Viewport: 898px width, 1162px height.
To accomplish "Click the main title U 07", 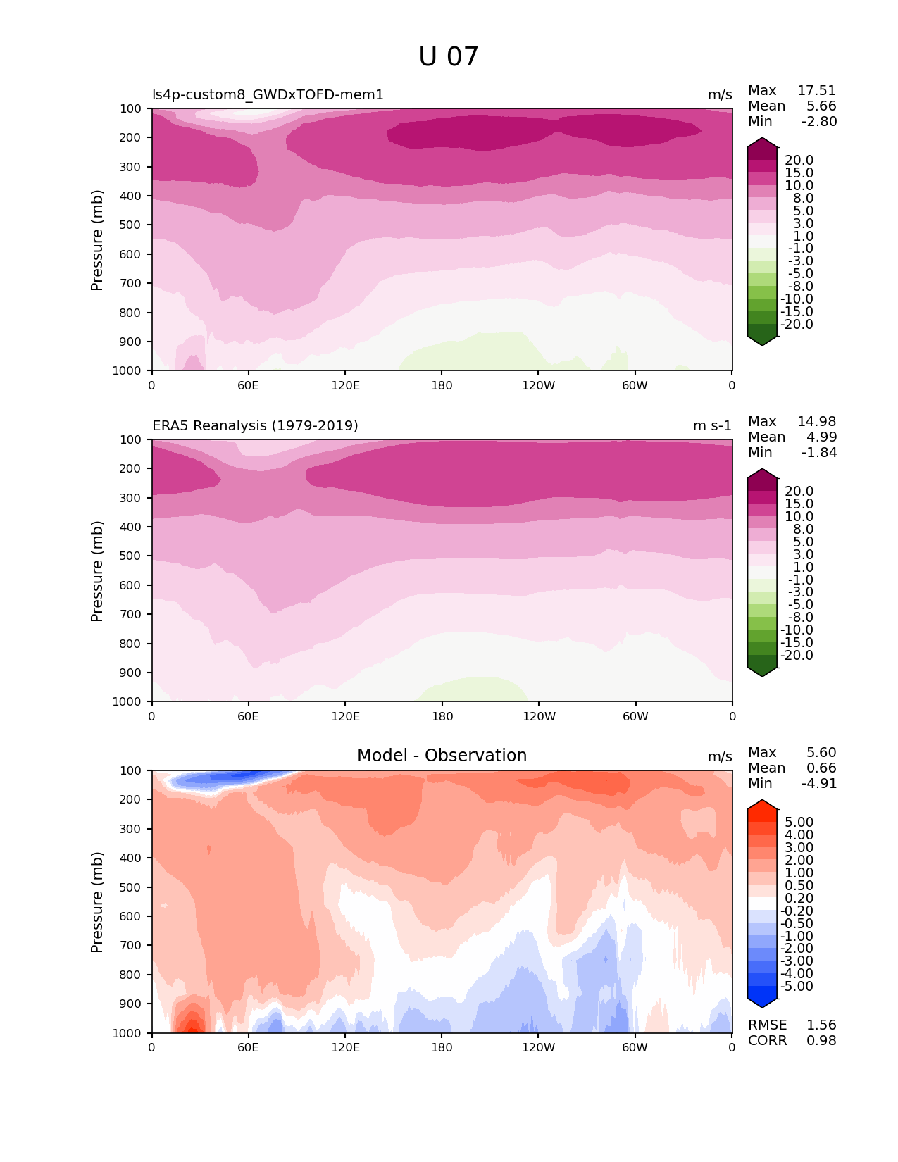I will pyautogui.click(x=449, y=57).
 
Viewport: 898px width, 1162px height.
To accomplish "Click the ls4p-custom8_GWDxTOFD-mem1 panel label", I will pyautogui.click(x=268, y=95).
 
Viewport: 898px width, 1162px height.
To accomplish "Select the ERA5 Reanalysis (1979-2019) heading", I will pyautogui.click(x=255, y=426).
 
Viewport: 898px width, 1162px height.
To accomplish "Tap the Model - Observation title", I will pyautogui.click(x=442, y=756).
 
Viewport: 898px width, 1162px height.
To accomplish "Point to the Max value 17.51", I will pyautogui.click(x=816, y=91).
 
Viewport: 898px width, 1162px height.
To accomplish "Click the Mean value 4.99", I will pyautogui.click(x=821, y=437).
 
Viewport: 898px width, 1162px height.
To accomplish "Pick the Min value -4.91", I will pyautogui.click(x=819, y=784).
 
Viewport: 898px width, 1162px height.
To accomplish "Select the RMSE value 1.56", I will pyautogui.click(x=821, y=1025).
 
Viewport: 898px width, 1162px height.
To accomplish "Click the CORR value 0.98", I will pyautogui.click(x=821, y=1041).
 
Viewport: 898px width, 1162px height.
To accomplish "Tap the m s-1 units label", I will pyautogui.click(x=712, y=426).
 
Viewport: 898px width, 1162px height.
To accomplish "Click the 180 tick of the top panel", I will pyautogui.click(x=442, y=386).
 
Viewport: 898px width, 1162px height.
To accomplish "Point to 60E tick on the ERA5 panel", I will pyautogui.click(x=248, y=717).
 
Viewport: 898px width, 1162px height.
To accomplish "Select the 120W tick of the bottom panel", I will pyautogui.click(x=538, y=1048).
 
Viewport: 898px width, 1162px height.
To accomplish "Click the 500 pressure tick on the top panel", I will pyautogui.click(x=132, y=225).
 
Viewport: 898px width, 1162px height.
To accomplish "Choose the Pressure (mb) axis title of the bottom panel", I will pyautogui.click(x=97, y=902).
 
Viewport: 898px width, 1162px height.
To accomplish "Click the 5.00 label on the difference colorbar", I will pyautogui.click(x=799, y=823).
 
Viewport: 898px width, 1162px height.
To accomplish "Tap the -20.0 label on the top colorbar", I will pyautogui.click(x=797, y=325).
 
